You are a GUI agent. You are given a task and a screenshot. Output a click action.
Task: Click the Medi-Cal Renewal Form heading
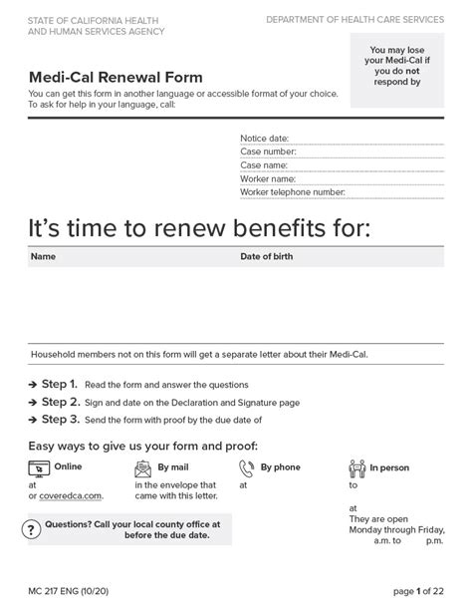point(115,77)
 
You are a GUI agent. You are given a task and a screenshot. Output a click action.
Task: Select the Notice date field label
point(264,138)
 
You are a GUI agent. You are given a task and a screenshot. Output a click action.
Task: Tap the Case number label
point(269,152)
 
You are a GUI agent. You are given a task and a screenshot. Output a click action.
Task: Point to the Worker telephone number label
point(292,192)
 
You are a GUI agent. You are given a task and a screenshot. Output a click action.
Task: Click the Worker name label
point(268,178)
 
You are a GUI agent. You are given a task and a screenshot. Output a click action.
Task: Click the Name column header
point(43,256)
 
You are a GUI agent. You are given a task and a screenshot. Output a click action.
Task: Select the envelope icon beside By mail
point(143,466)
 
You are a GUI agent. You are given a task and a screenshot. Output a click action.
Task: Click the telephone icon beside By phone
point(246,466)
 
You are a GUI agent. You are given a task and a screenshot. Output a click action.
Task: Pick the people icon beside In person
point(357,466)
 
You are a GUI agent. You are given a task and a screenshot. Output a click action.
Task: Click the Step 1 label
point(59,384)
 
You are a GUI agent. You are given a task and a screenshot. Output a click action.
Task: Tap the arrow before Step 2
point(32,403)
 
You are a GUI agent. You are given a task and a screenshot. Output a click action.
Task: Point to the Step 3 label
point(59,420)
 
